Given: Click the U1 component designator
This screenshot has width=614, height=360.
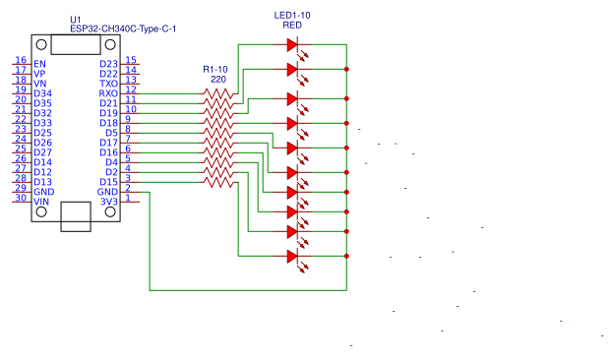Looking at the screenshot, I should (77, 19).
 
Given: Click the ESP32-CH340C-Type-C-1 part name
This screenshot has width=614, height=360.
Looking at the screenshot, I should (122, 30).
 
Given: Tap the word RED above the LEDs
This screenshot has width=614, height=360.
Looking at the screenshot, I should (292, 26).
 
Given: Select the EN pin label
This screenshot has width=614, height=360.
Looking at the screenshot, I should (39, 64).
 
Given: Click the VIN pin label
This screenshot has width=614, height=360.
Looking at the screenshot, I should (41, 202).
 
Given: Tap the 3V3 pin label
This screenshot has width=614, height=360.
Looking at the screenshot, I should (108, 202).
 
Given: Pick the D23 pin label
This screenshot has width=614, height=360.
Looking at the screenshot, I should (108, 64).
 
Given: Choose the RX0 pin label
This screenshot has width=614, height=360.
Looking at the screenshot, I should (108, 93).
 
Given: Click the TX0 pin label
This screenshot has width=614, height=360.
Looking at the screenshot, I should (108, 84).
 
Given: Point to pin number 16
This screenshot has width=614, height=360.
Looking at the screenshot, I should (20, 60).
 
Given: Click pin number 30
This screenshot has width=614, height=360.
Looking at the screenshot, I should (20, 198).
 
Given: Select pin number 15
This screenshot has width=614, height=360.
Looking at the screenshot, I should (131, 60).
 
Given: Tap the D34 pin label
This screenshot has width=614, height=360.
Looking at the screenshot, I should (42, 93).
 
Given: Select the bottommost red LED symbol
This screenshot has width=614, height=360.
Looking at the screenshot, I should (292, 256).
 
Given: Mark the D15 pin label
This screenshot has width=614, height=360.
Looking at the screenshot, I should (108, 182).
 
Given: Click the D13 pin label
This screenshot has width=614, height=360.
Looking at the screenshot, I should (42, 182).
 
